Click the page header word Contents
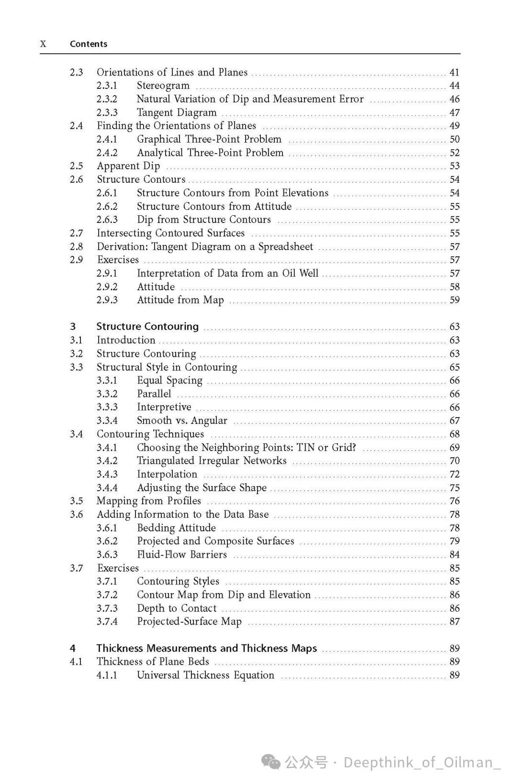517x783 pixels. click(x=89, y=44)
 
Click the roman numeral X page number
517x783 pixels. click(x=43, y=44)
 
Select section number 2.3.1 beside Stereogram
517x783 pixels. click(x=107, y=86)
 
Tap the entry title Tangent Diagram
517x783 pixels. click(x=177, y=112)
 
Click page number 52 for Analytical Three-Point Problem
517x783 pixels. click(x=454, y=153)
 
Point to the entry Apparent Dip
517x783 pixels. click(x=128, y=166)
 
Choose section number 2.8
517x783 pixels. click(x=76, y=246)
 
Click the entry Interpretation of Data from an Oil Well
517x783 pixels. click(x=227, y=273)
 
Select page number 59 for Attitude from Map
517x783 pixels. click(x=454, y=300)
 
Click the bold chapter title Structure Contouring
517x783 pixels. click(x=147, y=327)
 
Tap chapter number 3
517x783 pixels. click(x=73, y=327)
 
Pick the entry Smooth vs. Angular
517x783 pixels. click(x=182, y=420)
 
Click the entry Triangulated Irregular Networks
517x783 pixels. click(x=212, y=461)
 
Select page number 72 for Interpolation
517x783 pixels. click(x=454, y=474)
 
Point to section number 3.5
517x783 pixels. click(x=76, y=501)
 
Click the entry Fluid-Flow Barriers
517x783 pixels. click(x=182, y=554)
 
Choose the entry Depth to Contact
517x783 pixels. click(x=177, y=608)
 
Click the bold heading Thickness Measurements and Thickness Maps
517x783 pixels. click(x=206, y=648)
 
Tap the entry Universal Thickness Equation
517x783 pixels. click(x=205, y=675)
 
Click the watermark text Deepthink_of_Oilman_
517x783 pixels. click(x=422, y=762)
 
